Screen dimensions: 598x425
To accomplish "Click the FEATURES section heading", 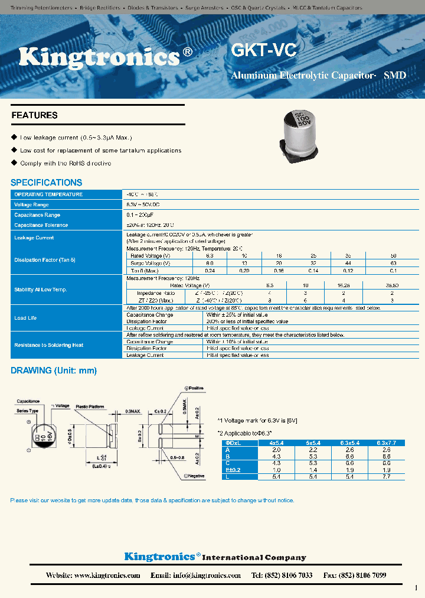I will point(35,115).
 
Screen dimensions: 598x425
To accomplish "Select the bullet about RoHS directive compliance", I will point(66,163).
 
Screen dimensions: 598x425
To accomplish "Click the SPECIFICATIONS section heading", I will point(47,183).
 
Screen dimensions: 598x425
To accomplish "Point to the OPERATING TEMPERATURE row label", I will point(48,194).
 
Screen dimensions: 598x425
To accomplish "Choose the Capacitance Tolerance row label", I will point(41,225).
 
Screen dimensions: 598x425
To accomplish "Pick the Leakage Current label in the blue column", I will point(34,238).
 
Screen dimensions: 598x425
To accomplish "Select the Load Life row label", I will point(25,318).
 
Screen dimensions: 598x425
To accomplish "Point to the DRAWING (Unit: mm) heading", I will point(54,371).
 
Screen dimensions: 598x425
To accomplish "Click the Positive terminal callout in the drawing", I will point(194,388).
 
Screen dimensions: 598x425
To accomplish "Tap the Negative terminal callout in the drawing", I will point(196,476).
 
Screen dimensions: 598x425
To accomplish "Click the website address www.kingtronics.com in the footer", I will point(107,575).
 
